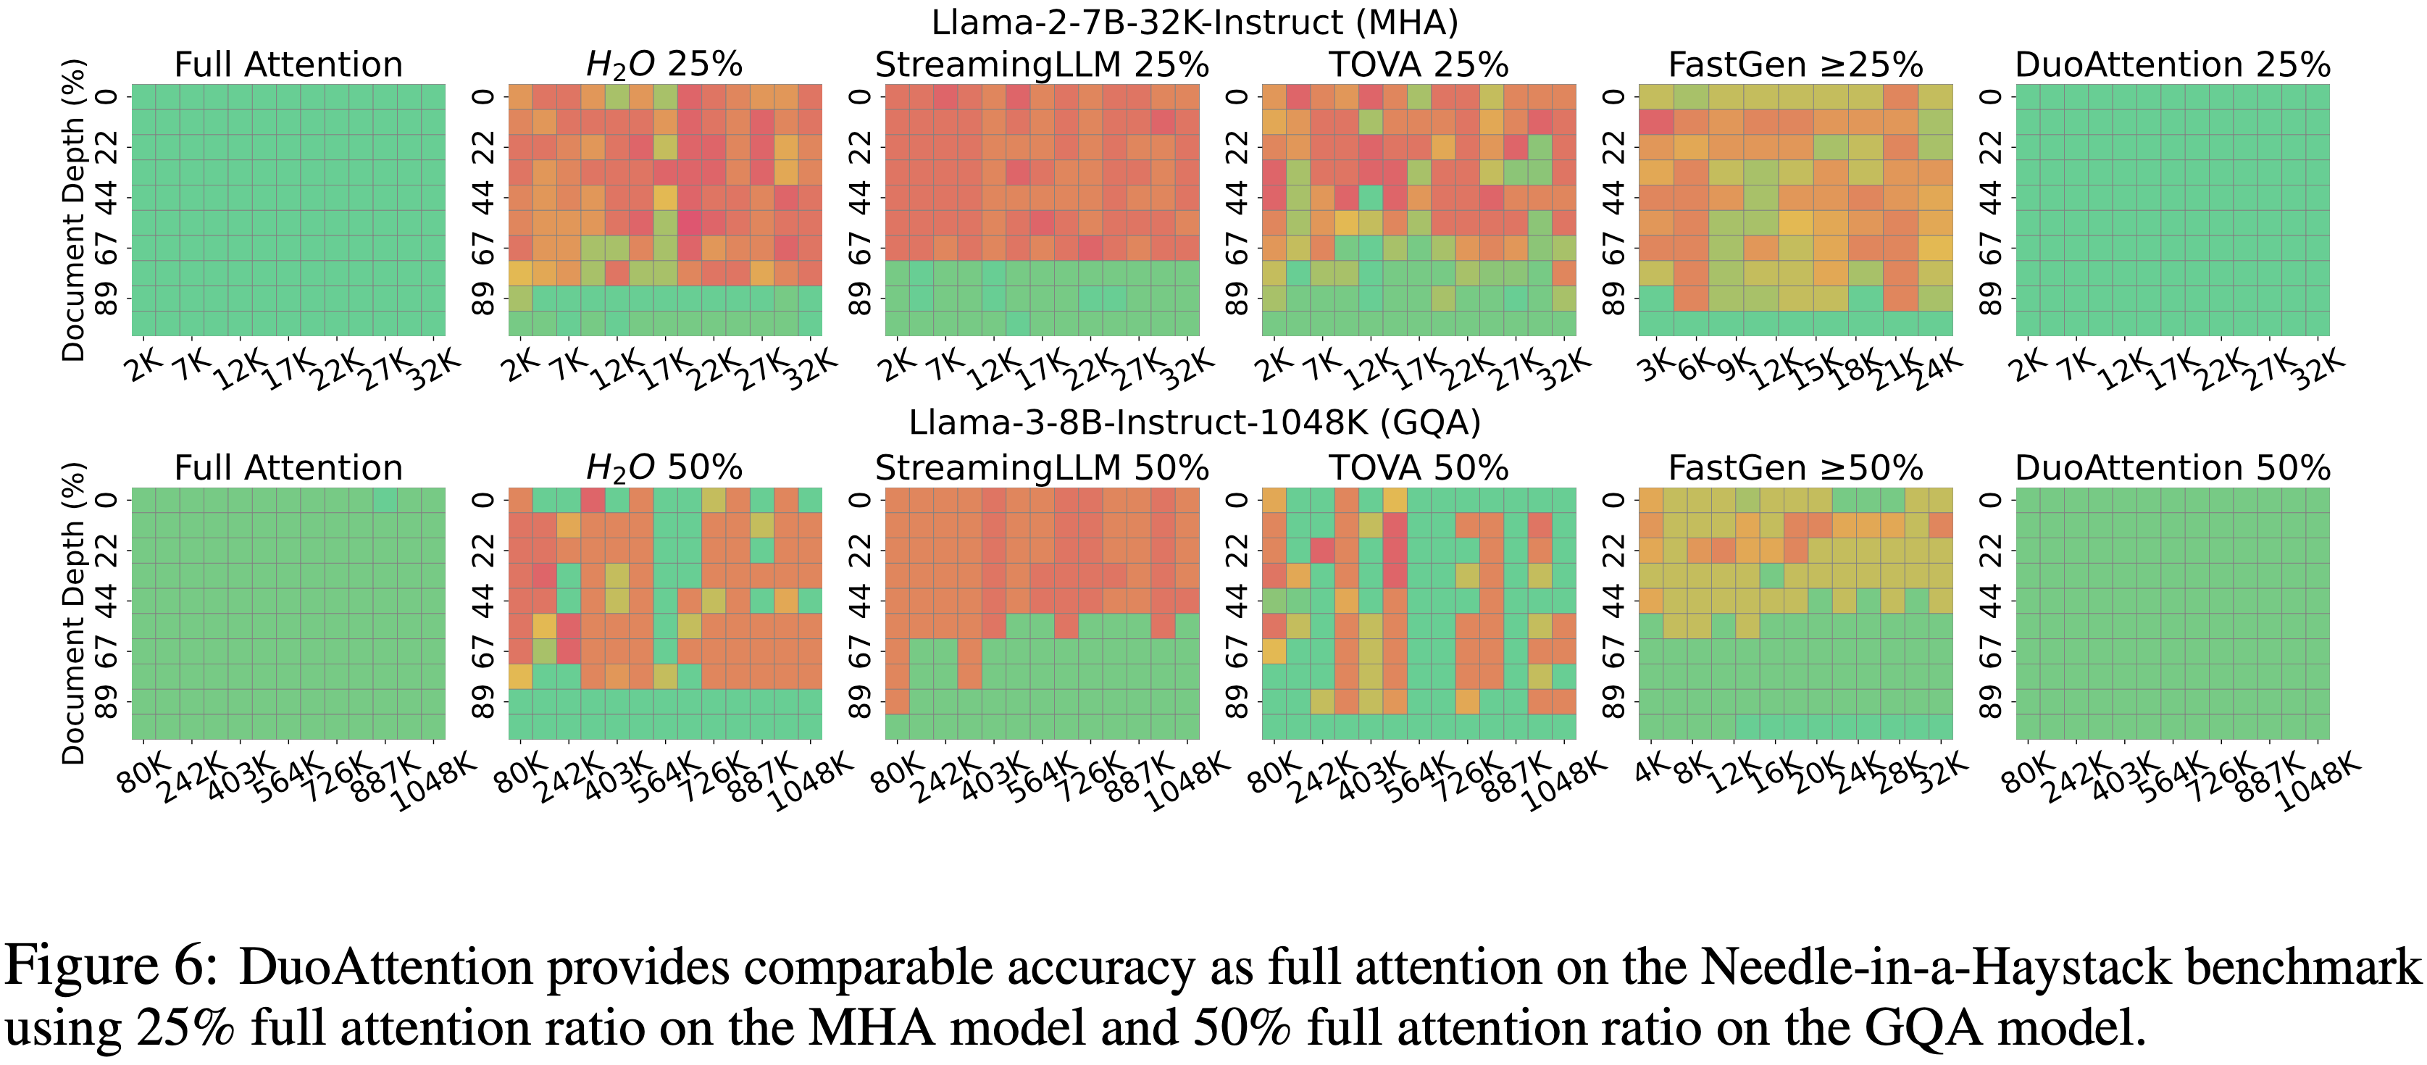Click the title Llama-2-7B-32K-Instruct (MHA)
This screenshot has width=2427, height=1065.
1194,22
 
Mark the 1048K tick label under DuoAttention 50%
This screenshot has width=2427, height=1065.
2318,784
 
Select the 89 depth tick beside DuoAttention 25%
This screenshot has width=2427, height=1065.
1990,298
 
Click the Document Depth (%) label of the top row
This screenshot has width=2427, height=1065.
73,210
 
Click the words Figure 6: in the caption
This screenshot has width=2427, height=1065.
111,966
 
